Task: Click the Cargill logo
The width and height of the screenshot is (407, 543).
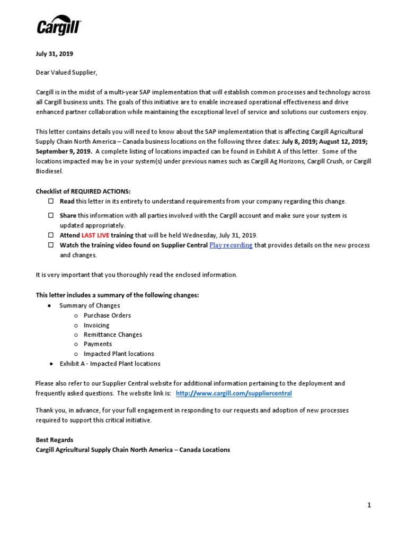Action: click(x=59, y=25)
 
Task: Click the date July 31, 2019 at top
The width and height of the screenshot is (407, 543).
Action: click(x=54, y=54)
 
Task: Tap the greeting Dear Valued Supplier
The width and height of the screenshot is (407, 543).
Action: click(x=67, y=73)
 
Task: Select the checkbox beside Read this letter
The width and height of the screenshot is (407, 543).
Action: click(x=51, y=202)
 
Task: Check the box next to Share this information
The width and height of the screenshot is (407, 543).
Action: click(x=51, y=216)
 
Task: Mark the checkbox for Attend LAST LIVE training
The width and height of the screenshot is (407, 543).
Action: click(x=51, y=235)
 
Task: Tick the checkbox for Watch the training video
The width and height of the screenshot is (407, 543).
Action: click(x=51, y=246)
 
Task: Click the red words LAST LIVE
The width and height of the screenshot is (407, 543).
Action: click(x=95, y=235)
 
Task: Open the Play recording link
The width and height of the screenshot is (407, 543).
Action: click(x=231, y=246)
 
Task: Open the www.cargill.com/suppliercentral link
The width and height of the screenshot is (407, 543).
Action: click(x=234, y=393)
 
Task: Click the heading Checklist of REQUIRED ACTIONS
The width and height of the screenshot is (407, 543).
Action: click(x=83, y=191)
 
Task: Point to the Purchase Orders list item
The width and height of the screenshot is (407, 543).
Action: click(x=107, y=316)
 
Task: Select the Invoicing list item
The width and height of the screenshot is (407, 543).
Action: click(x=96, y=325)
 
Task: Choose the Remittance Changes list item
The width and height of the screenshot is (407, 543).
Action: click(x=113, y=335)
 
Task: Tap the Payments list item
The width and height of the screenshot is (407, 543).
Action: click(x=98, y=344)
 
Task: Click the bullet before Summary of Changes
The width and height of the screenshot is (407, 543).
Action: click(x=49, y=306)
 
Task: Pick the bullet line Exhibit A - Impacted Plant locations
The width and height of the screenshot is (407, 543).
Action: click(x=110, y=364)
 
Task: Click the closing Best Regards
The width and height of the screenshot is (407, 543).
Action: click(x=55, y=440)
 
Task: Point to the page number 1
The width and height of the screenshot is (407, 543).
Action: click(x=369, y=505)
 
